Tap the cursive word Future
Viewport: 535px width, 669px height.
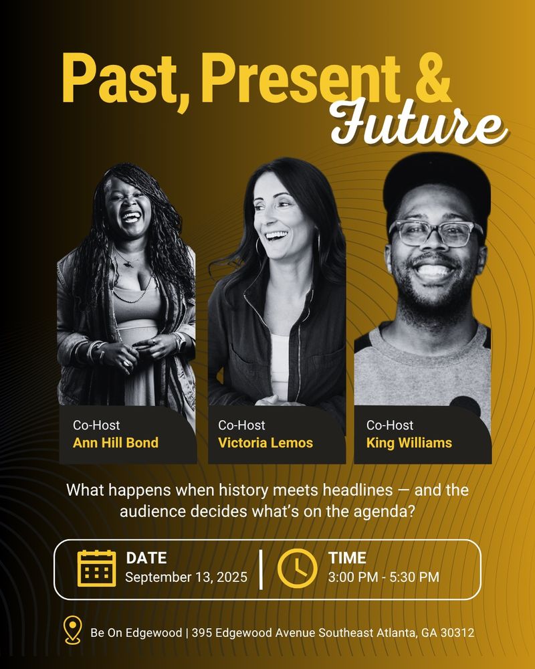[x=419, y=123]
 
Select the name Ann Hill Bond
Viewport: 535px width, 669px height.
[x=116, y=442]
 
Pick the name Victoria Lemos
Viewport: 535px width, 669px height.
[x=265, y=442]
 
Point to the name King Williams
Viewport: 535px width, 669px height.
[x=409, y=443]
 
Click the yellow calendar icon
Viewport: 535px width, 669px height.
[x=96, y=568]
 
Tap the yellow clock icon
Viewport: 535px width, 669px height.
[x=298, y=568]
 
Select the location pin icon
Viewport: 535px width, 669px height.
[x=72, y=630]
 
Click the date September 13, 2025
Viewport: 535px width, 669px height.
[x=186, y=577]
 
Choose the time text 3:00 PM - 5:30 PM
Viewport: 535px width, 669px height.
[x=384, y=577]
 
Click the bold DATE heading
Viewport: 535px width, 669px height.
[x=146, y=558]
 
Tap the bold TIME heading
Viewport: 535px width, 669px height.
[x=347, y=558]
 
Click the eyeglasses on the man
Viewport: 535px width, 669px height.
[x=435, y=233]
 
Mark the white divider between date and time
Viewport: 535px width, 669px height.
[x=261, y=569]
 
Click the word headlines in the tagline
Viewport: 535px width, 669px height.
[x=358, y=490]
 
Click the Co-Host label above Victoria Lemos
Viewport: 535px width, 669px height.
[x=241, y=425]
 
